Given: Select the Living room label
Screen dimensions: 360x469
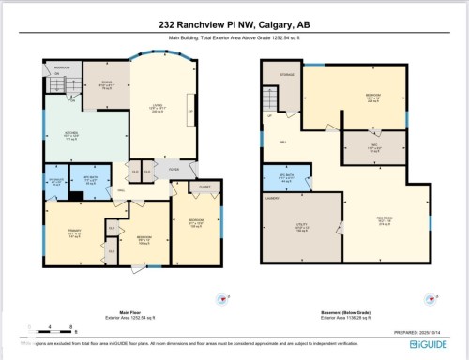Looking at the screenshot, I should pos(158,109).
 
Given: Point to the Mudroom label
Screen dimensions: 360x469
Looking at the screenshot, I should pos(62,69).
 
